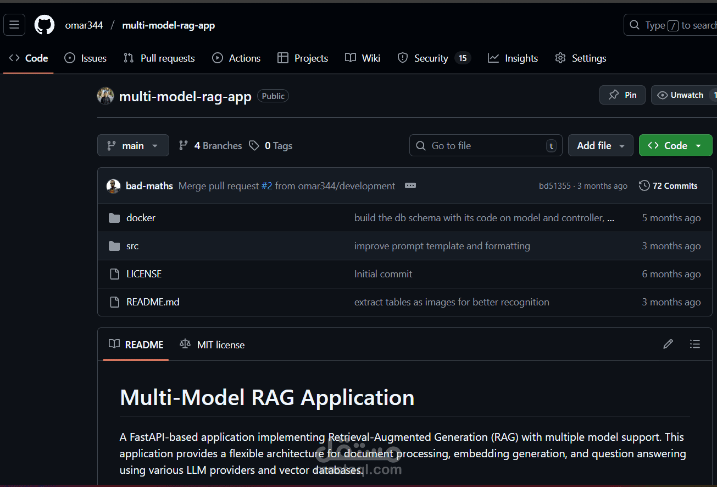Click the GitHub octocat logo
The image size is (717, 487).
click(44, 25)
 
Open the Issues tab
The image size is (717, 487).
click(85, 58)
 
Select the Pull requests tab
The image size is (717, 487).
click(159, 58)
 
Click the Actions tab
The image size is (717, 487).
click(236, 58)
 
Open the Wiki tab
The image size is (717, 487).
click(362, 58)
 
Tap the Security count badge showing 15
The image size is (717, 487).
click(463, 58)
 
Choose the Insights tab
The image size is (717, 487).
click(513, 58)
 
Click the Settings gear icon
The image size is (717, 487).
click(560, 58)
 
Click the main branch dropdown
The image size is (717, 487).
click(133, 146)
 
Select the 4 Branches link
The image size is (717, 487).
click(210, 146)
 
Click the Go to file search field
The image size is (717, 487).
click(486, 146)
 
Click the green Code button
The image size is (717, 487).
click(675, 146)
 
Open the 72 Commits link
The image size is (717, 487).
click(668, 185)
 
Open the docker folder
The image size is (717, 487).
click(141, 218)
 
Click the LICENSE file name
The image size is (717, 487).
click(144, 274)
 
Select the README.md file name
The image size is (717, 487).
click(153, 302)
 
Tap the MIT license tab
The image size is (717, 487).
click(212, 344)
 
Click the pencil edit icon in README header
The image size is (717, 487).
click(668, 344)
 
